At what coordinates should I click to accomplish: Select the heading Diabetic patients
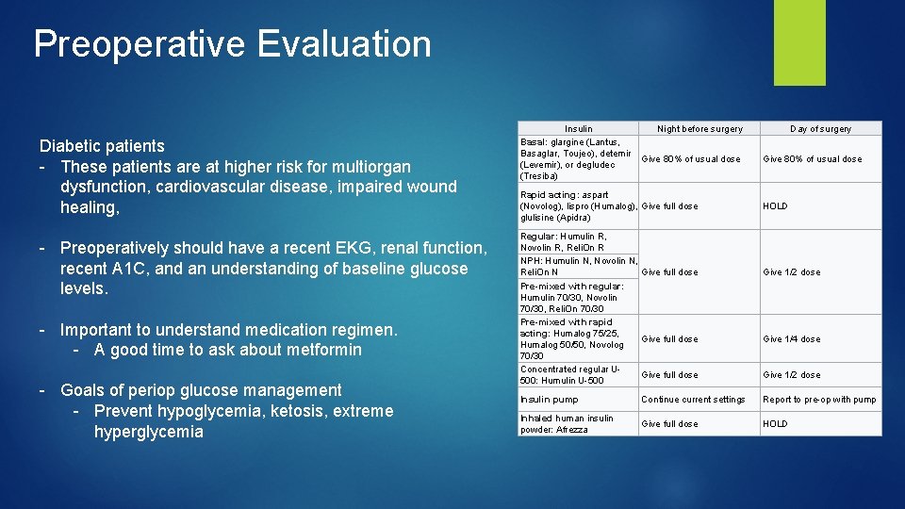coord(102,146)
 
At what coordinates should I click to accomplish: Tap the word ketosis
coord(283,411)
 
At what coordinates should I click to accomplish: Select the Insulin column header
coord(579,128)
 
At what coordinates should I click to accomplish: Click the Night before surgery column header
coord(699,128)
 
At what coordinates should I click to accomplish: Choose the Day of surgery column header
coord(820,128)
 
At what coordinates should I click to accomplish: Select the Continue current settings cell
coord(692,400)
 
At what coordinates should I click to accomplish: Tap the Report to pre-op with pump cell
coord(819,400)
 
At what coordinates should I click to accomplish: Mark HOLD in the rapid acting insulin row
coord(775,206)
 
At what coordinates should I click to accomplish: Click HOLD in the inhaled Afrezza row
coord(775,424)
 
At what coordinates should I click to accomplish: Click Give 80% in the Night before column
coord(690,159)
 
